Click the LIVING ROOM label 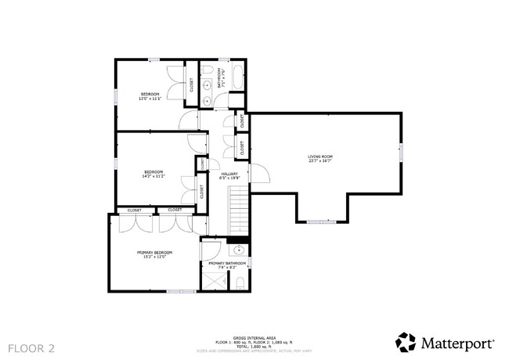click(x=319, y=157)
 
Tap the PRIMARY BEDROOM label click(x=154, y=252)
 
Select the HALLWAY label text click(x=229, y=174)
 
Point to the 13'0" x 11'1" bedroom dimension click(x=150, y=99)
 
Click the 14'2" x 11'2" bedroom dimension click(x=153, y=177)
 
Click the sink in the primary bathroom click(x=240, y=251)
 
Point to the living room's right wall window click(x=402, y=152)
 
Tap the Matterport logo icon click(x=406, y=342)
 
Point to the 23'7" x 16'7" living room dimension click(x=319, y=162)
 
